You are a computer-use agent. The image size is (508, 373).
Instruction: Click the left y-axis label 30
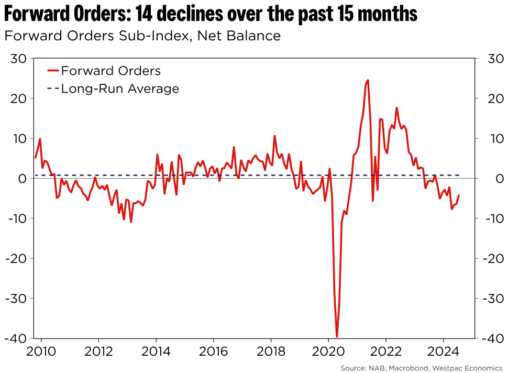pyautogui.click(x=19, y=59)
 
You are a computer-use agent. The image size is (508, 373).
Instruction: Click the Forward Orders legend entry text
pyautogui.click(x=111, y=71)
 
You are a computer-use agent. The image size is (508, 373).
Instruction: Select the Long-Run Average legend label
pyautogui.click(x=120, y=89)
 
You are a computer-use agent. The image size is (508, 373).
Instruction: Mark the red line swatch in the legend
pyautogui.click(x=52, y=71)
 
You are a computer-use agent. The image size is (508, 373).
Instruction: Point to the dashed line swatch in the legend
pyautogui.click(x=52, y=89)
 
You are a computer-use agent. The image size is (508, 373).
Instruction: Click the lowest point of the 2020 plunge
pyautogui.click(x=337, y=337)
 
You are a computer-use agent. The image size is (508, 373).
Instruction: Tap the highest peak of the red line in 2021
pyautogui.click(x=368, y=80)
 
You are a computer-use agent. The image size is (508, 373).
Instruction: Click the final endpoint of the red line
pyautogui.click(x=459, y=195)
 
